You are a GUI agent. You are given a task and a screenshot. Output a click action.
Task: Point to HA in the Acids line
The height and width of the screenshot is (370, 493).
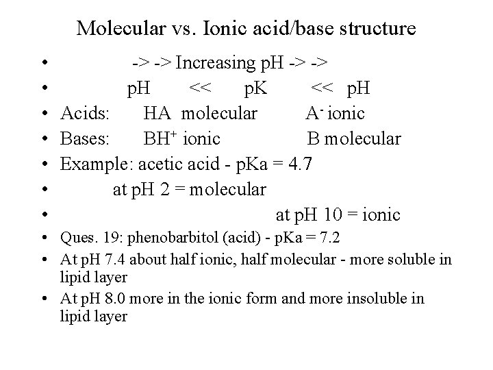(155, 112)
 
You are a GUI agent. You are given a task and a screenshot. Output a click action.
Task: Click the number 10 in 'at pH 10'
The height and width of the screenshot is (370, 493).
(333, 214)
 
